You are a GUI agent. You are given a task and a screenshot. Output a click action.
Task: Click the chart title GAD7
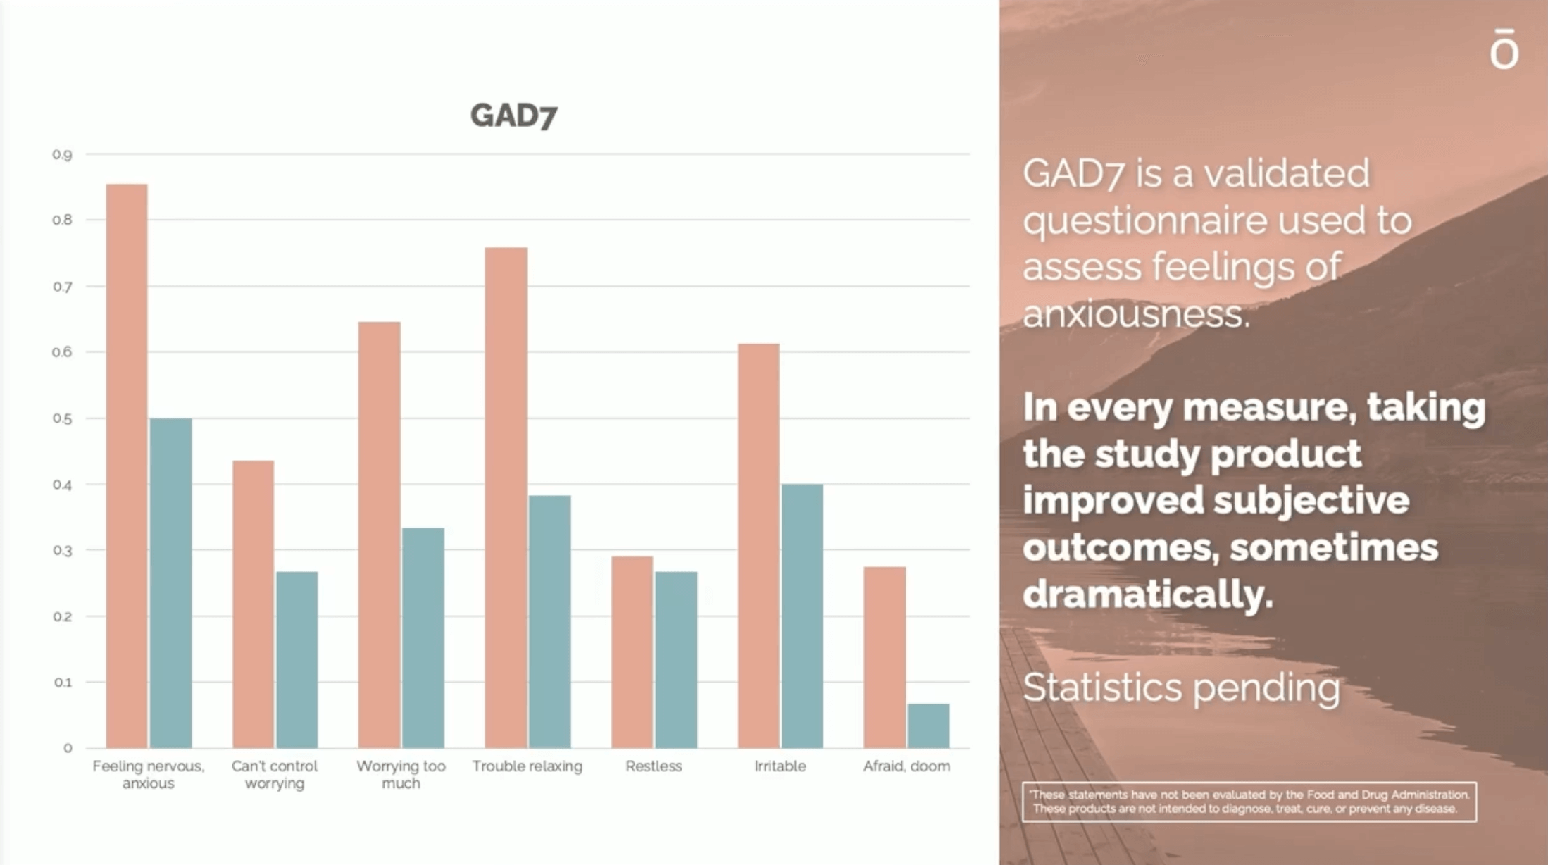coord(513,116)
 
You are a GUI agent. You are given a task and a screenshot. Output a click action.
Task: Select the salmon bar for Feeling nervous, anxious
coord(127,465)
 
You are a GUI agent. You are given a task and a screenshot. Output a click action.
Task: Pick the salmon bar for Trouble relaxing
coord(506,497)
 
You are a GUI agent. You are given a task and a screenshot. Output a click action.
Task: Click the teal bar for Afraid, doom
coord(928,726)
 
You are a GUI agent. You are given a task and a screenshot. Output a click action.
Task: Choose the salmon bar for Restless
coord(632,652)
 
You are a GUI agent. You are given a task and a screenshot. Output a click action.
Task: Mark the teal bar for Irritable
coord(802,616)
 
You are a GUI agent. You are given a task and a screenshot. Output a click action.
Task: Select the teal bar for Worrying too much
coord(423,637)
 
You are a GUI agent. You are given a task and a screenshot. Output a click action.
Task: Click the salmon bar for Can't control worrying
coord(253,604)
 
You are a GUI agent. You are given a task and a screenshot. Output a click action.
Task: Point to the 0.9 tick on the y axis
coord(62,155)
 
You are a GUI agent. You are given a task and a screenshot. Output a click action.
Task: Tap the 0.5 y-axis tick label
coord(62,419)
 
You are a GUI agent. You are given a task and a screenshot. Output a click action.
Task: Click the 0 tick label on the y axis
coord(68,748)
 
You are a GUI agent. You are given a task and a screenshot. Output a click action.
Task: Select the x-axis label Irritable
coord(780,766)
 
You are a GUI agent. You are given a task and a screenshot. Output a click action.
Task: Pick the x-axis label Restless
coord(654,766)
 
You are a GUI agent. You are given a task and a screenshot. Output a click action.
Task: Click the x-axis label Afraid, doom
coord(906,766)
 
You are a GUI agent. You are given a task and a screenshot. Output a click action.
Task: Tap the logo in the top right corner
coord(1504,49)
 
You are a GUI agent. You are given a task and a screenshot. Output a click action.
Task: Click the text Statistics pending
coord(1181,687)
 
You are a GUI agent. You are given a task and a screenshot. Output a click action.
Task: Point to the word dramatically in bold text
coord(1147,595)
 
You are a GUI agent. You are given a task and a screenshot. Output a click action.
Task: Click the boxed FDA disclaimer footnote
coord(1249,802)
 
